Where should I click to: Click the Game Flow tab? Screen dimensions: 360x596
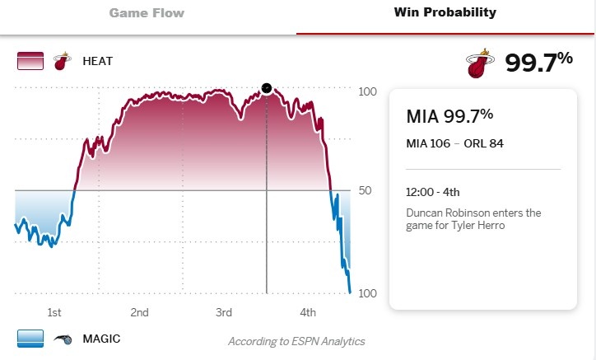click(x=147, y=13)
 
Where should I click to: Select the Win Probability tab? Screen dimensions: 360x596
click(x=445, y=13)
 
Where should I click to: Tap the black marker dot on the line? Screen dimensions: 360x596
click(x=266, y=87)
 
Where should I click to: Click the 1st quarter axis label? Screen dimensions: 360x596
click(x=54, y=312)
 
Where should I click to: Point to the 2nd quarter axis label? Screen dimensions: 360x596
click(x=139, y=312)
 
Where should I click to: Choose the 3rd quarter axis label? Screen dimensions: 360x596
click(x=223, y=312)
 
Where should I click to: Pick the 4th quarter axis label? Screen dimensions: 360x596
click(x=308, y=312)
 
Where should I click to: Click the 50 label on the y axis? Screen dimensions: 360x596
click(x=366, y=190)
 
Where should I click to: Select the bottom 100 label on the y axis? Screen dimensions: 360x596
click(x=368, y=294)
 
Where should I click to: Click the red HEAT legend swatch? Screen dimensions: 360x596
click(x=30, y=61)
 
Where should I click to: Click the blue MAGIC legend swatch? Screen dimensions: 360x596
click(x=30, y=339)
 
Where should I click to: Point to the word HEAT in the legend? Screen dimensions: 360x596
click(x=97, y=61)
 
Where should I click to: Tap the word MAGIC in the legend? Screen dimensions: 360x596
click(x=101, y=339)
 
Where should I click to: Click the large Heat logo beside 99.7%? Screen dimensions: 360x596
click(x=477, y=64)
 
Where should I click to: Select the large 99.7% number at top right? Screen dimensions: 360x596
click(x=539, y=63)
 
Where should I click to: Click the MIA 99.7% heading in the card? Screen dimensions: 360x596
click(x=449, y=116)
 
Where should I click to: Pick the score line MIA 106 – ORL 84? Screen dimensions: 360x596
click(x=454, y=143)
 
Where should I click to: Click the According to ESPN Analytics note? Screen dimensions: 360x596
click(x=296, y=341)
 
